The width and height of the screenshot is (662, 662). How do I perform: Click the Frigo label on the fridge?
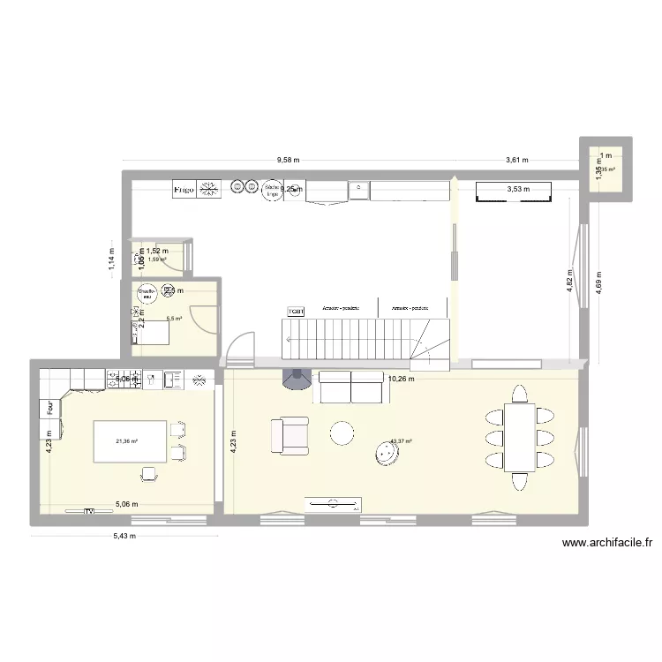(x=184, y=189)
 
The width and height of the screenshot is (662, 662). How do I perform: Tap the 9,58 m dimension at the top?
(x=288, y=160)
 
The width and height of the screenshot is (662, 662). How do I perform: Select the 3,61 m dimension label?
(x=516, y=160)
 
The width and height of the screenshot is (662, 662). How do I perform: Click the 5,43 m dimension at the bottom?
(x=124, y=534)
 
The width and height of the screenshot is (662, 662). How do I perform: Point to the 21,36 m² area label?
(x=127, y=441)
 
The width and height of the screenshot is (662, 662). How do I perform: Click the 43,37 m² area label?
(x=400, y=441)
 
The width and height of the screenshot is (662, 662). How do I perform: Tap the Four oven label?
(x=50, y=409)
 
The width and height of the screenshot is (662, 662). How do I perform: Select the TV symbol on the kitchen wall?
(x=88, y=510)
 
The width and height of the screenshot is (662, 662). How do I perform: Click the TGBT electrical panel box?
(x=296, y=312)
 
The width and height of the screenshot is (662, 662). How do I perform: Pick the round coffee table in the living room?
(x=342, y=433)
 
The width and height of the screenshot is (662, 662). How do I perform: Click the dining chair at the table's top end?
(x=519, y=393)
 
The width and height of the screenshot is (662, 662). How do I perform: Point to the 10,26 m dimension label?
(x=401, y=379)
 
